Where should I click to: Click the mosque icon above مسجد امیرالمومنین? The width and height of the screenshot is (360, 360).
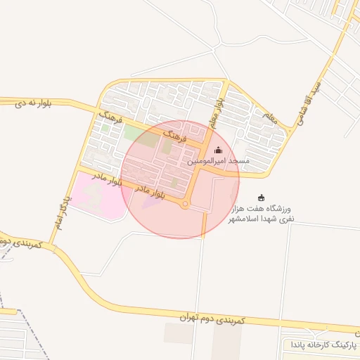pyautogui.click(x=218, y=150)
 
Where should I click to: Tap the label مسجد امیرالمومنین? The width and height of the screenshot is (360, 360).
pyautogui.click(x=218, y=162)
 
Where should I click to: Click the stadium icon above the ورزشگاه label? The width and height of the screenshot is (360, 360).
pyautogui.click(x=262, y=198)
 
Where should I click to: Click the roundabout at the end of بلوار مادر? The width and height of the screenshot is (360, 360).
pyautogui.click(x=184, y=205)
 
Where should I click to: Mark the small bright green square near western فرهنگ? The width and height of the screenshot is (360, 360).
pyautogui.click(x=105, y=128)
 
